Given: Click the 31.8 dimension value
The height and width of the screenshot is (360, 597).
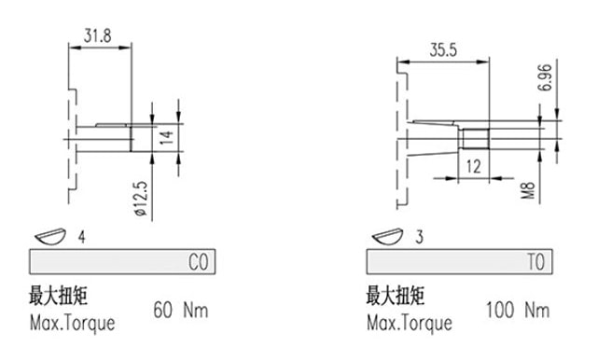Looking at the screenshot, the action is [97, 35].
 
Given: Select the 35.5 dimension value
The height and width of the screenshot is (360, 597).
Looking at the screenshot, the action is [443, 50].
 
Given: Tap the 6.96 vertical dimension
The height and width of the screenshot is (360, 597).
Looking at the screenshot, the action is [545, 77].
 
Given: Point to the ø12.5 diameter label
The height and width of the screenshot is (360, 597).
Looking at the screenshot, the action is [140, 199].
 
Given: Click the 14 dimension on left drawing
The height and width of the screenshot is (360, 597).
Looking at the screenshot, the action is [166, 137].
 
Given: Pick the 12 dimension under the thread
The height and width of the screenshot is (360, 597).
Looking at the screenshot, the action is [473, 167].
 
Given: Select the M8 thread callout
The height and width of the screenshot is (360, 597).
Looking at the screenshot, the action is [528, 190].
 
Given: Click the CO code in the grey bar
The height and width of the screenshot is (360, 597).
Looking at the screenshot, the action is [199, 262].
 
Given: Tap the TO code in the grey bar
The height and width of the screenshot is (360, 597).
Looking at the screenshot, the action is [536, 262].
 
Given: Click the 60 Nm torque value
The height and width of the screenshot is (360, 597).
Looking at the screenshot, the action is [181, 310].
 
